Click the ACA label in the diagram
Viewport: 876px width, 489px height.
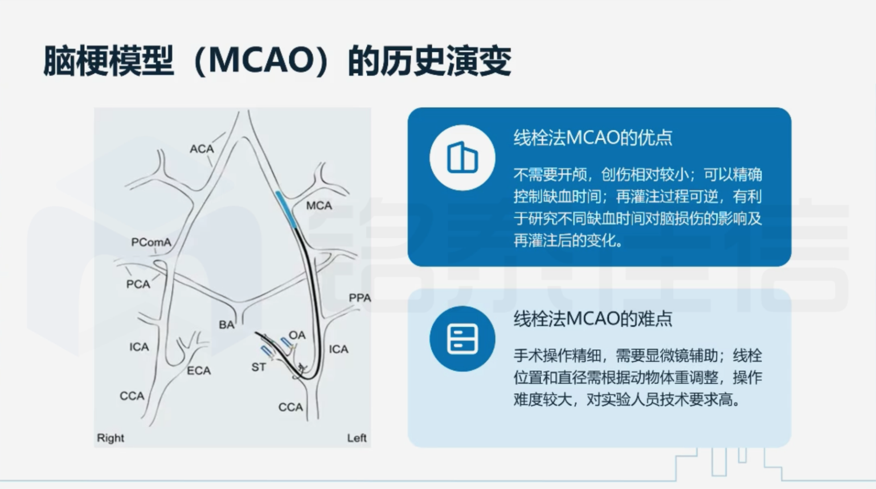[x=202, y=149]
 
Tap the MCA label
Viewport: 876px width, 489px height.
[x=319, y=205]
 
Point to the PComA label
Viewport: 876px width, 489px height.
[x=152, y=243]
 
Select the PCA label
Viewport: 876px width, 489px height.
[x=138, y=284]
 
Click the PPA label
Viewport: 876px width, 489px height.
[x=360, y=298]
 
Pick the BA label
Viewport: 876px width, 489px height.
[x=227, y=325]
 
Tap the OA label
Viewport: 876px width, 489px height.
[x=297, y=335]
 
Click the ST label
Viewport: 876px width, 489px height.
[x=259, y=367]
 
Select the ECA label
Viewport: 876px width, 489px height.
[x=199, y=370]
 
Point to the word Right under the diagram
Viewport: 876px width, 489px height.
[x=110, y=438]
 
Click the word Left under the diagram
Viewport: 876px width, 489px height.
[x=357, y=438]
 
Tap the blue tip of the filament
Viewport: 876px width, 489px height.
[x=286, y=209]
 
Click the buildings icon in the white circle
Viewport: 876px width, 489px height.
[x=462, y=157]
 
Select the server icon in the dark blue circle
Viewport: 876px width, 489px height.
[x=462, y=339]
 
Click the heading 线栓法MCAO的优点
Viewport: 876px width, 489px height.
[x=593, y=138]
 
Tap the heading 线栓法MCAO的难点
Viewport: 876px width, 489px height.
[x=593, y=319]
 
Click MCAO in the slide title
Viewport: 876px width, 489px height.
[x=260, y=61]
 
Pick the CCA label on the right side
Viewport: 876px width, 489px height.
[x=290, y=407]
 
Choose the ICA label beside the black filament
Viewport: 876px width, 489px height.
[x=339, y=349]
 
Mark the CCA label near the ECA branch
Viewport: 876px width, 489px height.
[x=132, y=396]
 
